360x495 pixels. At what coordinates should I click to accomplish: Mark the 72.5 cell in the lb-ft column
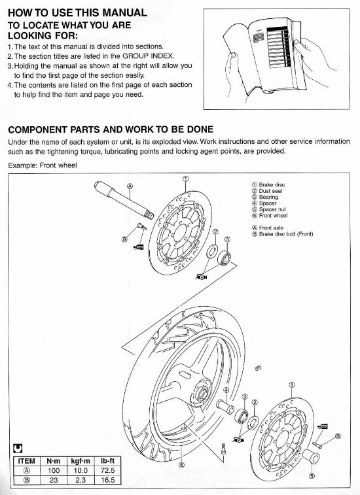click(101, 470)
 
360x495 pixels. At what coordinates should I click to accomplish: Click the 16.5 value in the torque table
click(101, 480)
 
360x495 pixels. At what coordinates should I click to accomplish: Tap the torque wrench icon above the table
click(16, 449)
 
